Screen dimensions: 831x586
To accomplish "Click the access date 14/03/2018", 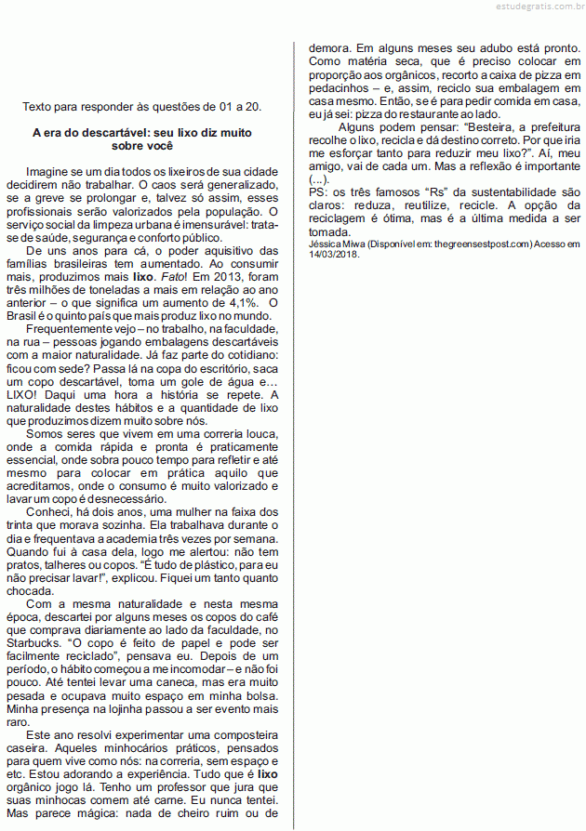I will click(332, 255).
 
